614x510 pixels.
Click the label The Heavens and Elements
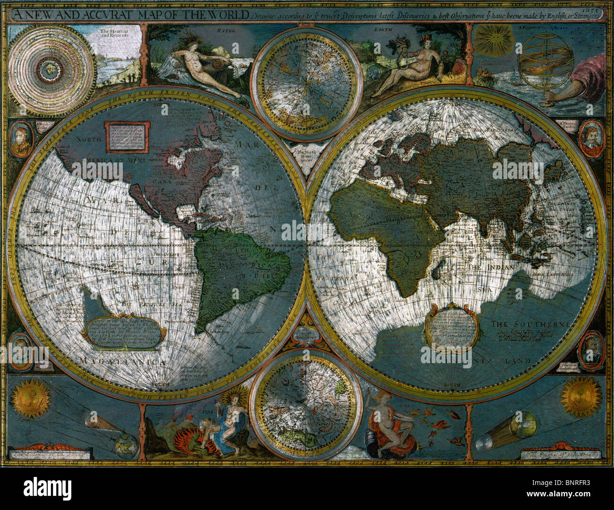[113, 34]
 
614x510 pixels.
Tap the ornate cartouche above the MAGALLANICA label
[124, 331]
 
